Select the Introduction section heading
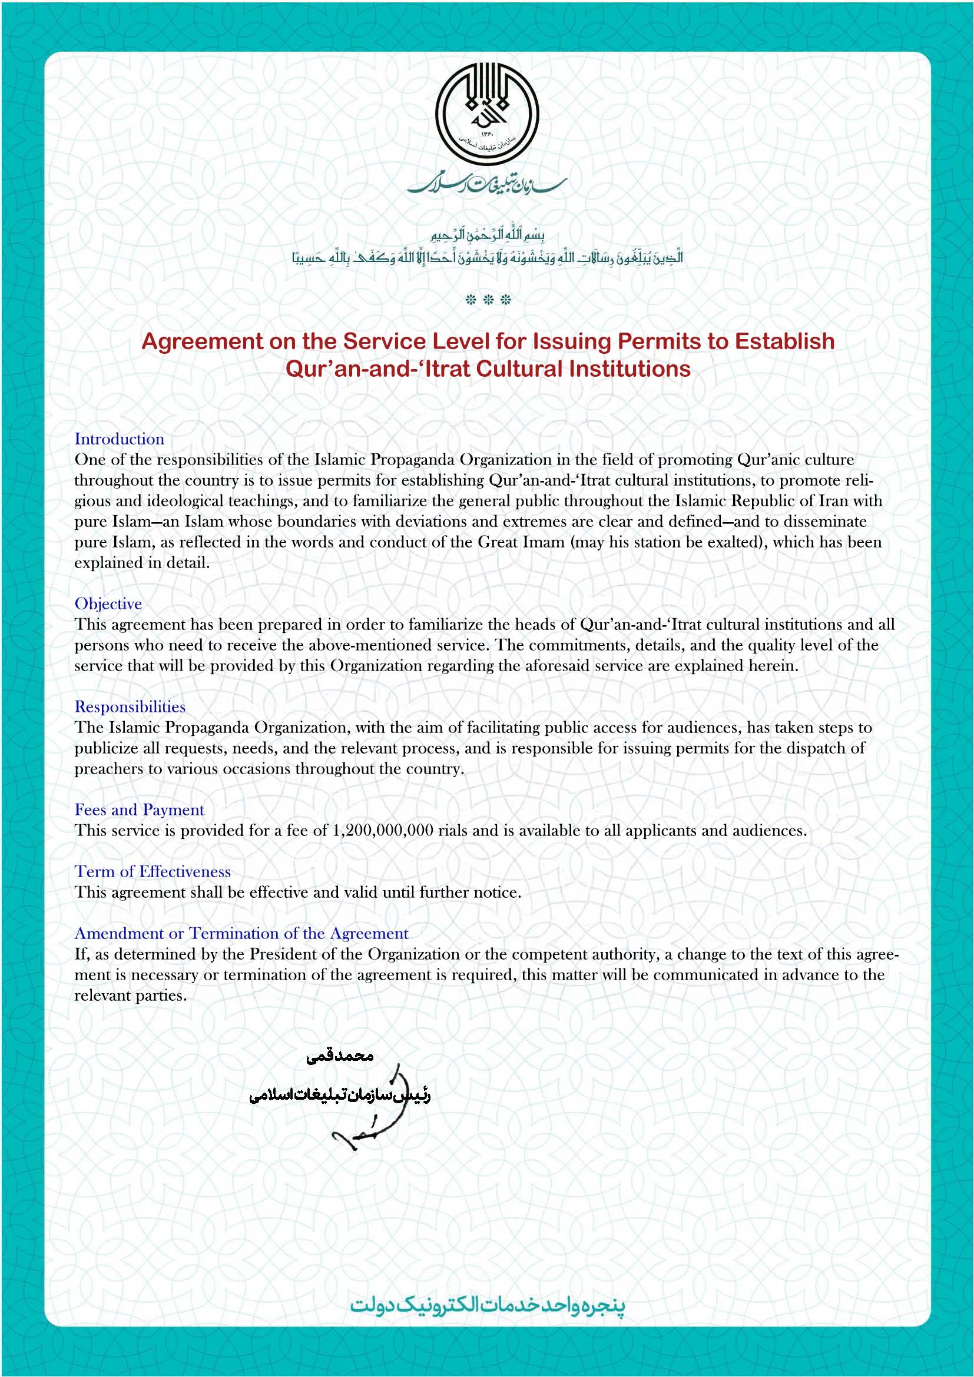(x=120, y=439)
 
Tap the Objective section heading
(x=108, y=604)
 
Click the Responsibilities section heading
(x=130, y=707)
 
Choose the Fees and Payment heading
(x=139, y=810)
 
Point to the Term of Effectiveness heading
(x=153, y=872)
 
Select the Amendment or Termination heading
(x=241, y=934)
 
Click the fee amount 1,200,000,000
(x=382, y=831)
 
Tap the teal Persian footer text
(x=487, y=1306)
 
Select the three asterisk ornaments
(x=488, y=300)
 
